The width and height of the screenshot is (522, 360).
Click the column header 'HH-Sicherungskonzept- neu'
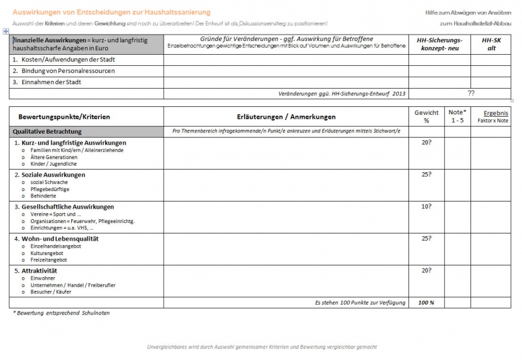click(439, 44)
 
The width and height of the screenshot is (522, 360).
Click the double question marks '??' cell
click(471, 93)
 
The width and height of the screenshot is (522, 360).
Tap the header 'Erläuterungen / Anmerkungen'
click(286, 117)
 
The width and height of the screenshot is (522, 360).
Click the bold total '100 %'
click(427, 303)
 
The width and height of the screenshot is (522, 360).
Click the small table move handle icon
click(5, 31)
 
